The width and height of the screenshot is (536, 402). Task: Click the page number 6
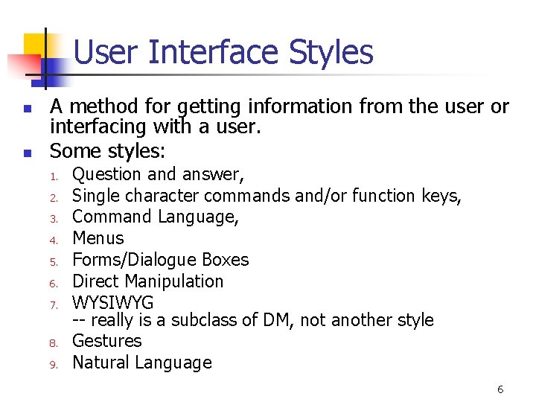tap(500, 389)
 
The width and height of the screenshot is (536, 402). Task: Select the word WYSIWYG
tap(112, 303)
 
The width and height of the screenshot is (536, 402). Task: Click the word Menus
tap(98, 238)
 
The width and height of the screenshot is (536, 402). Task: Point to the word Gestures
tap(106, 341)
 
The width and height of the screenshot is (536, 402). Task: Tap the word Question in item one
tap(106, 175)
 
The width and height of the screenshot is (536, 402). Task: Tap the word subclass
tap(217, 320)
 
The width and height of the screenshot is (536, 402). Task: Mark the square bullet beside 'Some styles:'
tap(26, 153)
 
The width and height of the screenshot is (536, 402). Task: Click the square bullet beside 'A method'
tap(26, 109)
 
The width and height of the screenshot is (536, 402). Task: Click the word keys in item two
tap(443, 196)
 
